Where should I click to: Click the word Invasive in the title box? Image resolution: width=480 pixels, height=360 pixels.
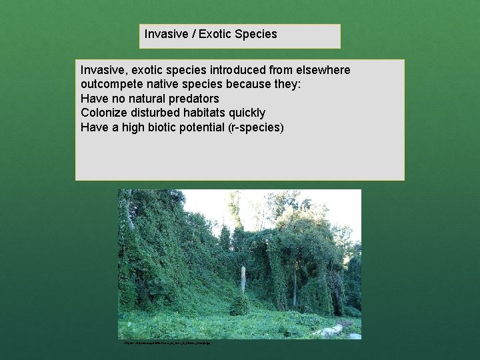click(165, 33)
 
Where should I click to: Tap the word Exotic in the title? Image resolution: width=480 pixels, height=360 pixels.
click(215, 33)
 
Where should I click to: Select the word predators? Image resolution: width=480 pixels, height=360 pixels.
click(195, 99)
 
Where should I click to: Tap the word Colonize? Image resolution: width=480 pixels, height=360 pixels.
click(105, 113)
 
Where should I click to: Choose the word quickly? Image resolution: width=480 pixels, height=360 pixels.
click(247, 113)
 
